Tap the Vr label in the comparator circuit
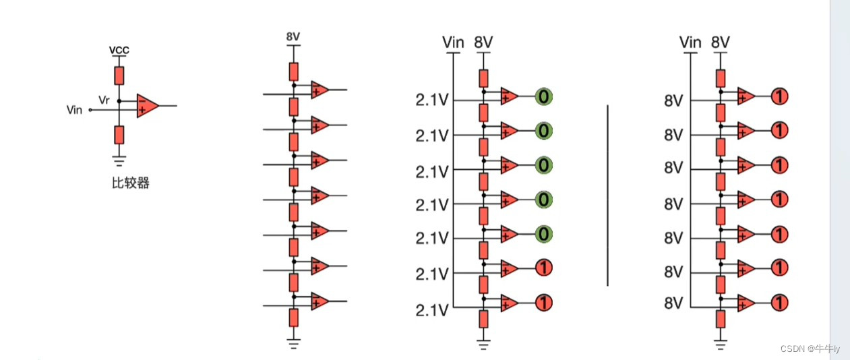pos(104,100)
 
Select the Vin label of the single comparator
pos(75,110)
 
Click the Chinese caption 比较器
pos(130,183)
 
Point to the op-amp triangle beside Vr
pos(147,106)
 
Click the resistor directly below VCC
pos(119,75)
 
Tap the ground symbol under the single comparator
pos(119,160)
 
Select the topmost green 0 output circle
pos(544,96)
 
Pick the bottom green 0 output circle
pos(544,234)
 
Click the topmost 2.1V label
pos(432,101)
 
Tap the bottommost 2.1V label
pos(432,310)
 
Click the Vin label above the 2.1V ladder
pos(453,42)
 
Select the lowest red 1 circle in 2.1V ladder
pos(544,303)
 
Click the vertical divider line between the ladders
pos(607,196)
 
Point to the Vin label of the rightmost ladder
pos(690,42)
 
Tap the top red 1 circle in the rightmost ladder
pos(779,96)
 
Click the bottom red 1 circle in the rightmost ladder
pos(779,303)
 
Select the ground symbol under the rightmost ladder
pos(721,345)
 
